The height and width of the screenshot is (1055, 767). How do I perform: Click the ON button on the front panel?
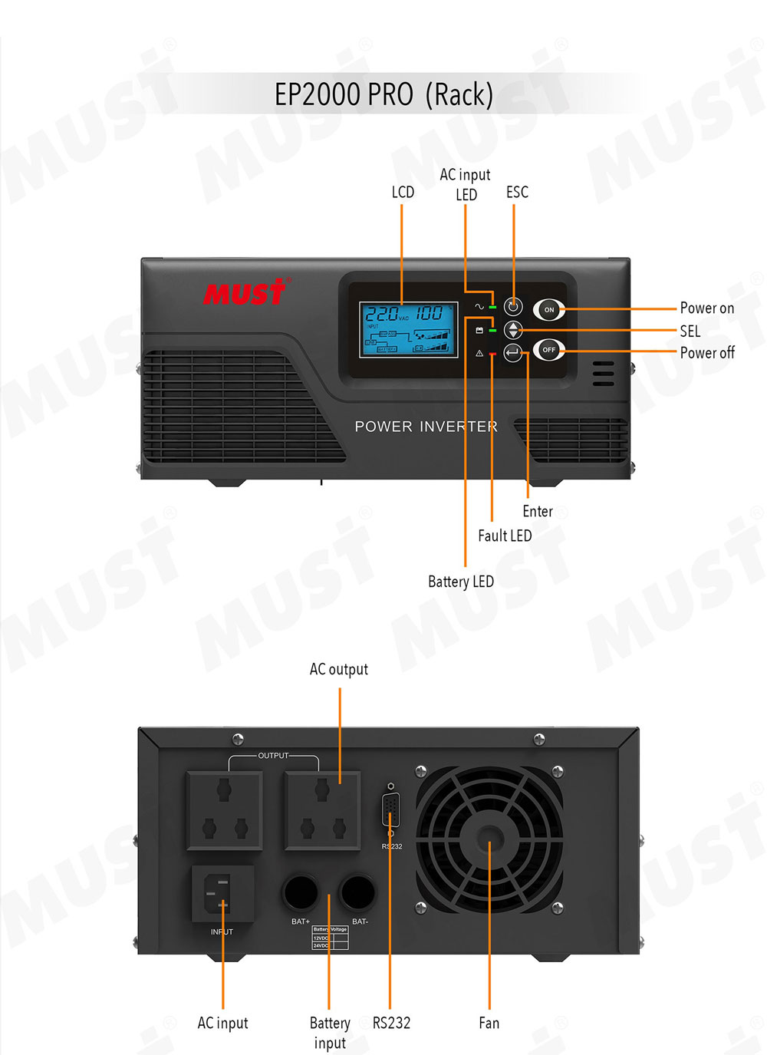coord(548,310)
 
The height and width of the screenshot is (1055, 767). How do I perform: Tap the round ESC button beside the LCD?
coord(513,307)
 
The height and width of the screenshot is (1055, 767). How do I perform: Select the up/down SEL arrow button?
coord(513,330)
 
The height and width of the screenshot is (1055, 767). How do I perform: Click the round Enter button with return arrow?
coord(513,353)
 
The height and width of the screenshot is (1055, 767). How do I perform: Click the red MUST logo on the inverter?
coord(245,292)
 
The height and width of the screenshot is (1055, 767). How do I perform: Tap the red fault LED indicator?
coord(492,354)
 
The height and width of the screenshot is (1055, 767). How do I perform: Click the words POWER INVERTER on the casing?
coord(426,427)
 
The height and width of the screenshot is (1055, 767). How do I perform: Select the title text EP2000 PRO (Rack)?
coord(383,94)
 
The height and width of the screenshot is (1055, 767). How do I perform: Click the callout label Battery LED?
coord(460,582)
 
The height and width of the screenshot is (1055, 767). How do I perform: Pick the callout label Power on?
coord(706,308)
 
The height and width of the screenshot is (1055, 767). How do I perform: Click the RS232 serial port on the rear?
coord(391,811)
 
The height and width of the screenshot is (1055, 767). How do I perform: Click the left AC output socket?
coord(224,810)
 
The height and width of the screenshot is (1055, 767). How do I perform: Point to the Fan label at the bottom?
coord(489,1023)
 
